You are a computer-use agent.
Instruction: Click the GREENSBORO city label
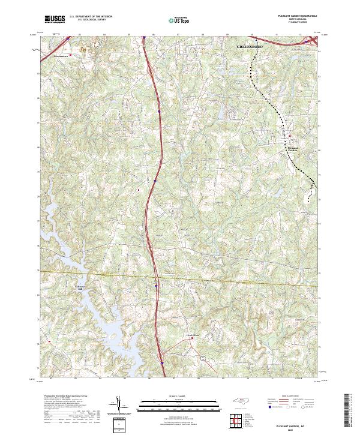coord(251,46)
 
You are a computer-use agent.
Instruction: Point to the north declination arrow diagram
coord(121,407)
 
